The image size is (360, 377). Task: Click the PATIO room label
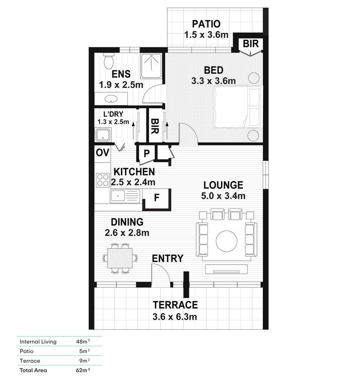pyautogui.click(x=207, y=24)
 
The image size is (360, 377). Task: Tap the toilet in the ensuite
pyautogui.click(x=108, y=60)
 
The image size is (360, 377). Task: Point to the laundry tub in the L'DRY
pyautogui.click(x=103, y=135)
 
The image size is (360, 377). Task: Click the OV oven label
pyautogui.click(x=103, y=153)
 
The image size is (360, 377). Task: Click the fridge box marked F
pyautogui.click(x=157, y=199)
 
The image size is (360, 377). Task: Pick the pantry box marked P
pyautogui.click(x=147, y=153)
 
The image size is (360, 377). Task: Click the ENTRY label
pyautogui.click(x=167, y=259)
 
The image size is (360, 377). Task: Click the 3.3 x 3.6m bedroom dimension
pyautogui.click(x=214, y=81)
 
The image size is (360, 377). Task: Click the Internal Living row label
pyautogui.click(x=38, y=341)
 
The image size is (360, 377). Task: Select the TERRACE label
pyautogui.click(x=175, y=304)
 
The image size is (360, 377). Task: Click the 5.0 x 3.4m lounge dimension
pyautogui.click(x=223, y=196)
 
